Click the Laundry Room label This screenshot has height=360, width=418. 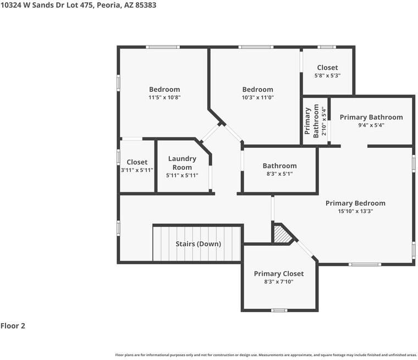182,163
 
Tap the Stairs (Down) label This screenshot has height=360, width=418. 198,243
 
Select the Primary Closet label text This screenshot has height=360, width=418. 278,274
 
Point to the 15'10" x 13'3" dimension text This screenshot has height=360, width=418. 355,211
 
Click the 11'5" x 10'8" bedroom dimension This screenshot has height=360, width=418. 164,97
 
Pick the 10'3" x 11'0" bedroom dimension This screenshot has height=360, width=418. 257,97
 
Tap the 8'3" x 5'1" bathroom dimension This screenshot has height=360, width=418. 279,174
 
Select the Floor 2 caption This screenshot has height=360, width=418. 13,326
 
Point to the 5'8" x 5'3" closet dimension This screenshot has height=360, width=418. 327,75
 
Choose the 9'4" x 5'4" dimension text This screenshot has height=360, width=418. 371,125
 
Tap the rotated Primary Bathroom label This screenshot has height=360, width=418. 312,121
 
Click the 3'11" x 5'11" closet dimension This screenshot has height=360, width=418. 137,170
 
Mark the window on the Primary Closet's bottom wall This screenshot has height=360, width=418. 279,311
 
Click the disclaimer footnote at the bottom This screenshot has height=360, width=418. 266,355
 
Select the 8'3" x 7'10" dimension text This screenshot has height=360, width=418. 278,281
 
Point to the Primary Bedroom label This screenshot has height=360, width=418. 355,203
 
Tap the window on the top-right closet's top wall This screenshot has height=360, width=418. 327,47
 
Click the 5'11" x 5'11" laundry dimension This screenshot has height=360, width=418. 182,175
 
